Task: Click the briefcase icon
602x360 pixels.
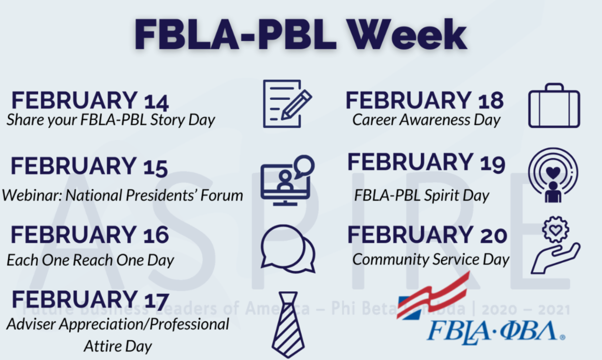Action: point(554,106)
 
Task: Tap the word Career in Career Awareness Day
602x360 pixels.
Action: point(374,120)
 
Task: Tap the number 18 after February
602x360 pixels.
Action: point(490,101)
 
